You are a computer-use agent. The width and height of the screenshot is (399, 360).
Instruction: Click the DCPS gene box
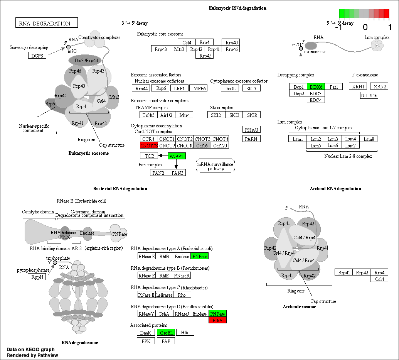(x=37, y=55)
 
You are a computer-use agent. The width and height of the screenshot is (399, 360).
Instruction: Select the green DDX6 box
(x=316, y=87)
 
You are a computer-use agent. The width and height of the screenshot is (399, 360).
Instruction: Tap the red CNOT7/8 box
(x=148, y=145)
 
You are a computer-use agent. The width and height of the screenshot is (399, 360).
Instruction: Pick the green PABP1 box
(x=177, y=156)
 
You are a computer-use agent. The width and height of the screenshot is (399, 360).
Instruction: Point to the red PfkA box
(x=217, y=320)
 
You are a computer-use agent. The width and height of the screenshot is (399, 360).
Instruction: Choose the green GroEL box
(x=166, y=332)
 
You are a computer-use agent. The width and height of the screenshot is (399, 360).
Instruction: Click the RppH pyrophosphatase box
(x=37, y=277)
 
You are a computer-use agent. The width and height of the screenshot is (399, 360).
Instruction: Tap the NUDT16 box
(x=369, y=95)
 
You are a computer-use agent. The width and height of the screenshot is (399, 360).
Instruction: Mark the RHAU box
(x=251, y=130)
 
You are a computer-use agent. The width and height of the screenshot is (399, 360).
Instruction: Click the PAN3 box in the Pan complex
(x=177, y=172)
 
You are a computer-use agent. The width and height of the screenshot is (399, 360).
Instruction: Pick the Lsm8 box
(x=369, y=139)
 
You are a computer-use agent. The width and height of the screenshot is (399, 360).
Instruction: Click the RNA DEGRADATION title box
(x=47, y=23)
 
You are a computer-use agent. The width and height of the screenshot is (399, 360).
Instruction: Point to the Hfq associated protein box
(x=185, y=332)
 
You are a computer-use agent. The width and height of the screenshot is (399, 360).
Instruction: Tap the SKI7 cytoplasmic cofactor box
(x=251, y=88)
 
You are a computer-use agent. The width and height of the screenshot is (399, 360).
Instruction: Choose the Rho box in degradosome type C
(x=182, y=295)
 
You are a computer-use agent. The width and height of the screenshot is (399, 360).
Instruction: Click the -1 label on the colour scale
(x=339, y=28)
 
